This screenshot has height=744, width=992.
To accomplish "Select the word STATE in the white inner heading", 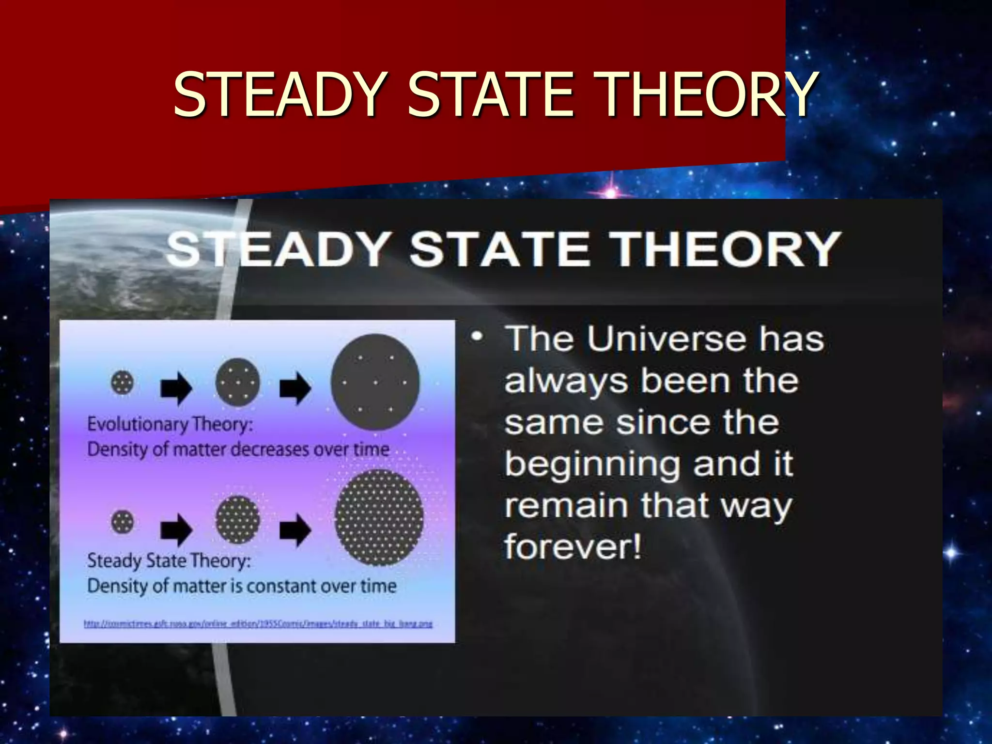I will click(499, 249).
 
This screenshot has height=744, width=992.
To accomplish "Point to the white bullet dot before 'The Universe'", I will click(477, 336).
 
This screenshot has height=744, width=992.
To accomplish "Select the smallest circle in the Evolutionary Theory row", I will click(122, 383).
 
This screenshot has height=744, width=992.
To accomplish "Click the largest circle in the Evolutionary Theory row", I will click(375, 382).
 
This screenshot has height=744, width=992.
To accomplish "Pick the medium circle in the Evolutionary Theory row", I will click(237, 383).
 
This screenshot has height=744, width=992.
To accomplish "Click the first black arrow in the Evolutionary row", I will click(176, 387).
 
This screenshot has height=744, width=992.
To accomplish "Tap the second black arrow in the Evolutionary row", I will click(295, 387).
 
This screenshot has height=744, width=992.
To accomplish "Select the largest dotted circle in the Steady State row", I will click(379, 518).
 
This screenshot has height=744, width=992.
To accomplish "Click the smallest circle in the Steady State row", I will click(122, 522).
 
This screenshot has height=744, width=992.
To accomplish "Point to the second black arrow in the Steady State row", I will click(295, 529).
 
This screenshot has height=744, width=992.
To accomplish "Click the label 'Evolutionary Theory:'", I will click(170, 424).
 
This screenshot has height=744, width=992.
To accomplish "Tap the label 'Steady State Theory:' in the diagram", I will click(169, 561).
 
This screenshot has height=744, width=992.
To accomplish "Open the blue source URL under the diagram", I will click(258, 624).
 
